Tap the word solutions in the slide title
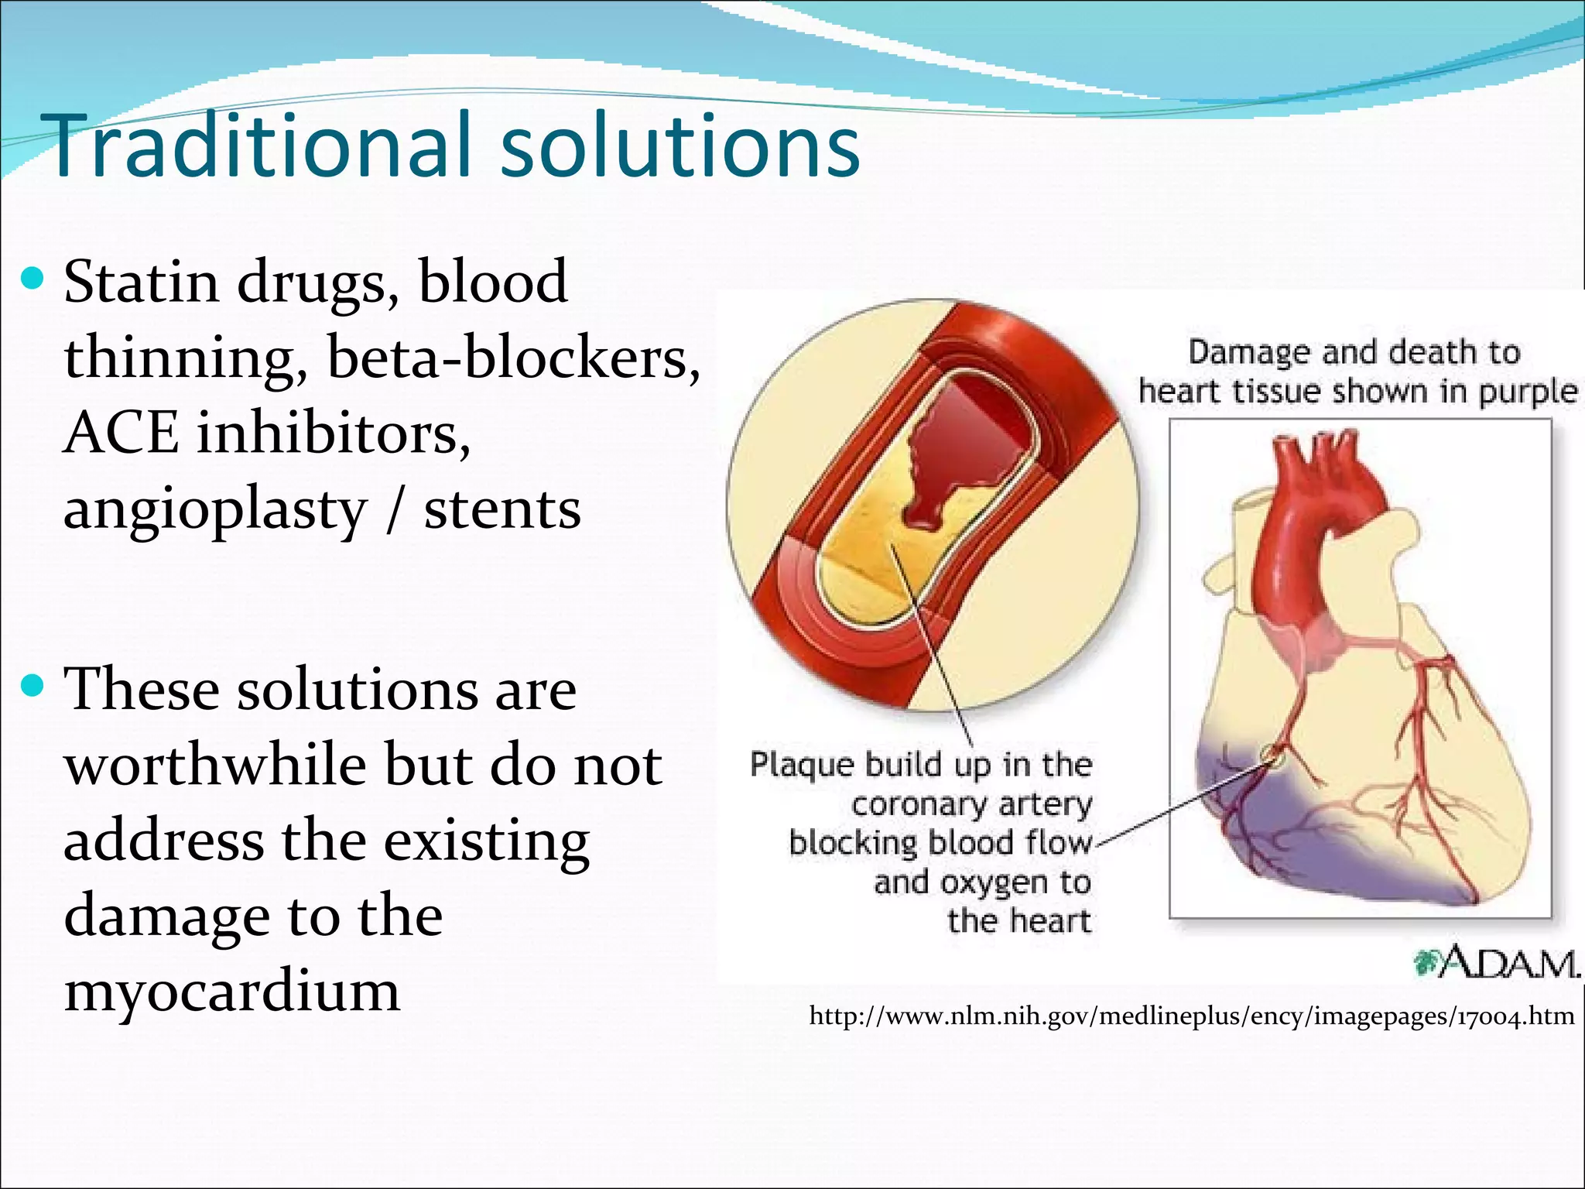(680, 146)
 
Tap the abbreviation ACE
(121, 433)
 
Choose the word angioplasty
(215, 511)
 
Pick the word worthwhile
(215, 765)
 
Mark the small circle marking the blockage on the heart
(1272, 754)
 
